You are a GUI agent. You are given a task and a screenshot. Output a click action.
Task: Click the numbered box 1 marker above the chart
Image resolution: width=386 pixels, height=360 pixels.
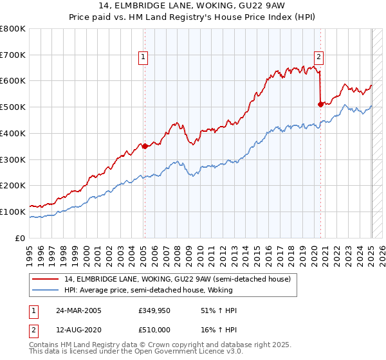143,57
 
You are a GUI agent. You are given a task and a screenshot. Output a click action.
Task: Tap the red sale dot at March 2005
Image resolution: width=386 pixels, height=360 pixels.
145,146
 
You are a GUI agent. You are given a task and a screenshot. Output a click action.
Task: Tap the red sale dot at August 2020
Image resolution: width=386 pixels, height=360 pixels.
321,104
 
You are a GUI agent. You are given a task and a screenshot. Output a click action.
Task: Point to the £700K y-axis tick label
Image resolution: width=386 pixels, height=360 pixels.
13,55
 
